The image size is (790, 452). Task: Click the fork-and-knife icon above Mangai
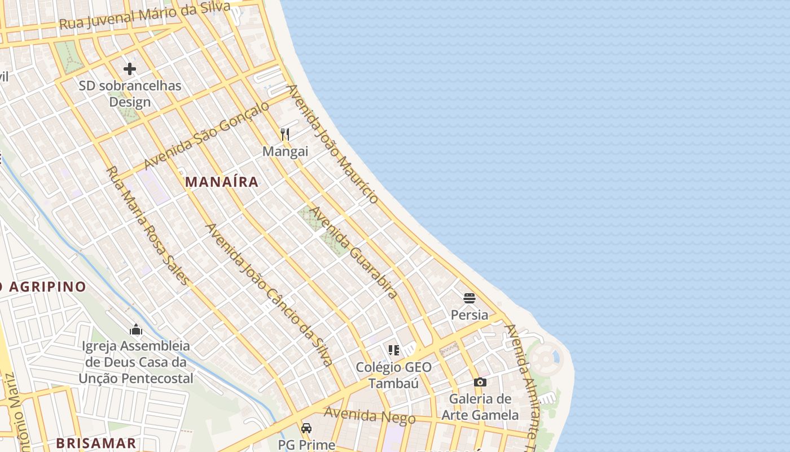[x=285, y=134]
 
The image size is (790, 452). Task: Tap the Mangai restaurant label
[x=286, y=151]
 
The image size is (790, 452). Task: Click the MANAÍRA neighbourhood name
[x=222, y=182]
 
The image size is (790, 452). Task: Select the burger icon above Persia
[x=469, y=298]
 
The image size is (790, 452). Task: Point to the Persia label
[x=469, y=315]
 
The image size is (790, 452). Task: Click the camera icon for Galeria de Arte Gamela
[x=480, y=382]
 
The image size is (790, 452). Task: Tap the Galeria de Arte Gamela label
[x=480, y=407]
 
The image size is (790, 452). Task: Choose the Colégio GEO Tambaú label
[x=393, y=375]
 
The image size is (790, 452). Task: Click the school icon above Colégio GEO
[x=393, y=350]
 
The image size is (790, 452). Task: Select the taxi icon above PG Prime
[x=306, y=428]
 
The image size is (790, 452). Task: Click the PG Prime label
[x=306, y=444]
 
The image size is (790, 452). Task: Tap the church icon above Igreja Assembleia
[x=136, y=329]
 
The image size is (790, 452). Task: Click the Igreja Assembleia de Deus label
[x=136, y=362]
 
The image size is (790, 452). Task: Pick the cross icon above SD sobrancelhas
[x=130, y=69]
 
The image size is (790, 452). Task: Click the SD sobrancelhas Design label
[x=130, y=94]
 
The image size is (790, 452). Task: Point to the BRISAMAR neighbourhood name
[x=96, y=443]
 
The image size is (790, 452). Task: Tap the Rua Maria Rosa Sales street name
[x=148, y=225]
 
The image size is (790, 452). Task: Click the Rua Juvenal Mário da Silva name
[x=144, y=16]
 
